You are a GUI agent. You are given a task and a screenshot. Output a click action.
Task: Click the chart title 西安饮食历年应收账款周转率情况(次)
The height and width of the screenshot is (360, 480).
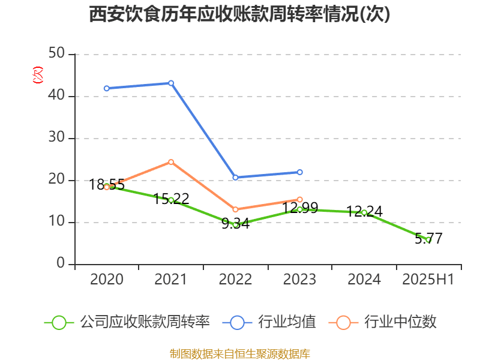239,14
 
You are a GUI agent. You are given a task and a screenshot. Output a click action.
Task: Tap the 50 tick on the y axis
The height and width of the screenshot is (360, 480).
58,54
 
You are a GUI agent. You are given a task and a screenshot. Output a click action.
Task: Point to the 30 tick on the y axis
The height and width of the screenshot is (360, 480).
58,138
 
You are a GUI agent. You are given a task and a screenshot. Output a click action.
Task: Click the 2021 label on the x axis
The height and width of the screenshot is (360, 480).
171,280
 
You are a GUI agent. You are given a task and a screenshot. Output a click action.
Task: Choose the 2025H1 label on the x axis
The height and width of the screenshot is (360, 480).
428,280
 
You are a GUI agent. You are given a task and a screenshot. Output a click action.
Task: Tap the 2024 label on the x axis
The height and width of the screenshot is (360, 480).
364,280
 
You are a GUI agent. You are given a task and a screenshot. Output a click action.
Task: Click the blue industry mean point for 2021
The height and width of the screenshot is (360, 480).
171,83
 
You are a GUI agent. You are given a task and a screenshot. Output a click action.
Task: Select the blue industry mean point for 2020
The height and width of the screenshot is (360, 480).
107,88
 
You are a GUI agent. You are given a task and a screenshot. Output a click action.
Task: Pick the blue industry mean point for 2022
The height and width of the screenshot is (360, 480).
235,178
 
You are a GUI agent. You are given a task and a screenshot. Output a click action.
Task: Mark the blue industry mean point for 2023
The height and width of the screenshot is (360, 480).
300,172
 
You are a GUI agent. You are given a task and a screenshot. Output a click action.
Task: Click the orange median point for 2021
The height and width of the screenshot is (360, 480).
171,162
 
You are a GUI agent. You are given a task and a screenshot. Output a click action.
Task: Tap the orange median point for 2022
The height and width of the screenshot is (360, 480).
235,209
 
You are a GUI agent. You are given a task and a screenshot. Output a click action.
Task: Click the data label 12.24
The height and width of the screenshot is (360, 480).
365,211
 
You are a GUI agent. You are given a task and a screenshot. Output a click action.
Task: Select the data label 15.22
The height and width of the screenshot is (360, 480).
172,199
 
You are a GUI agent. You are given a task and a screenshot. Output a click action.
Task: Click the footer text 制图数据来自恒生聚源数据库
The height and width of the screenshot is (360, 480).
239,353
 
